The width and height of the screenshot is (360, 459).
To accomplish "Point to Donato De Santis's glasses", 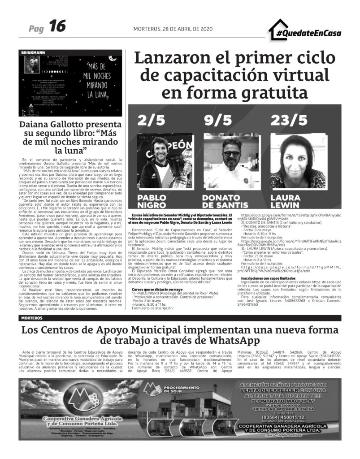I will click(232, 153).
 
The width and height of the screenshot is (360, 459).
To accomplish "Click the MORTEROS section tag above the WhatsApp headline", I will click(32, 318).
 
